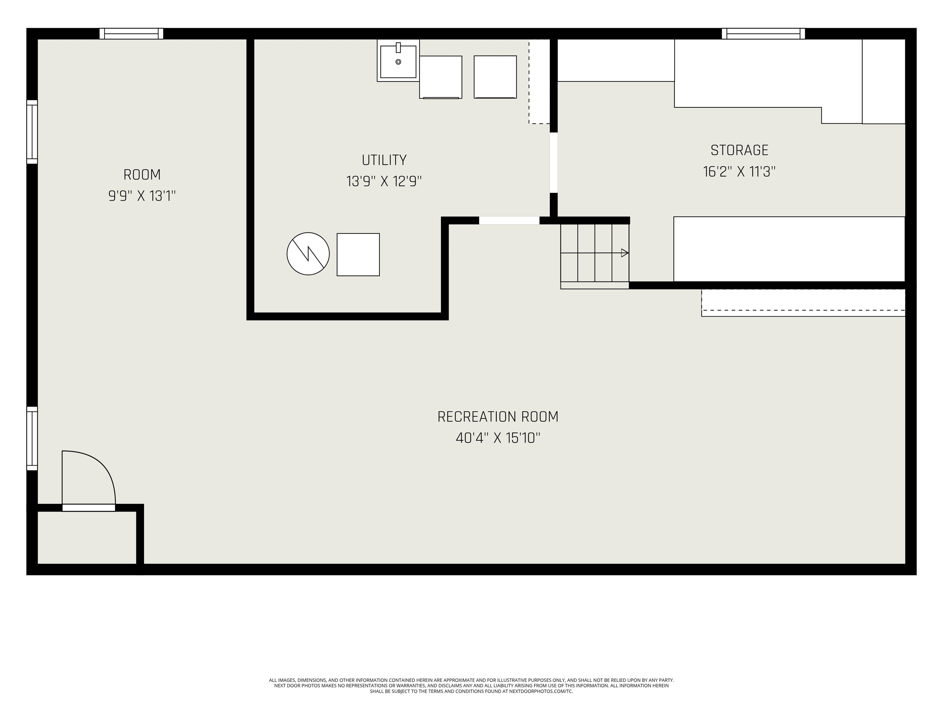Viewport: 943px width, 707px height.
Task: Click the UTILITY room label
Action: [384, 160]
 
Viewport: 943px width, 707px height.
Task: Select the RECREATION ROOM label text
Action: [498, 417]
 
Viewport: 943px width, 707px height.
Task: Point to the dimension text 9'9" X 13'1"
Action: [142, 196]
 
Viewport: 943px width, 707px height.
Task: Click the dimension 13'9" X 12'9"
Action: [384, 182]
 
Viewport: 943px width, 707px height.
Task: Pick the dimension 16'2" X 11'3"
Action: [739, 172]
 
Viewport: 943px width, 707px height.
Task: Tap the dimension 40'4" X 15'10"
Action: [498, 438]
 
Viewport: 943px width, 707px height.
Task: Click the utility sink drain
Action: [398, 62]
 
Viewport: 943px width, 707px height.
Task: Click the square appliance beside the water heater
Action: [358, 254]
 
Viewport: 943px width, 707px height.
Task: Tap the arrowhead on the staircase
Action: [625, 253]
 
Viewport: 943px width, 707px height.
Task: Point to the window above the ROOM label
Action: [131, 34]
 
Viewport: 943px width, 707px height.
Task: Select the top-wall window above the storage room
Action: [763, 34]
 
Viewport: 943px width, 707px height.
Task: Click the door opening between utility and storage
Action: [553, 162]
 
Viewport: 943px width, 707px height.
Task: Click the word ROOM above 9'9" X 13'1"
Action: [142, 175]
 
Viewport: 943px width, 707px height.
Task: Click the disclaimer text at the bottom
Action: [471, 686]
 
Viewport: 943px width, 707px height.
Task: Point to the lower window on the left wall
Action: [32, 438]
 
